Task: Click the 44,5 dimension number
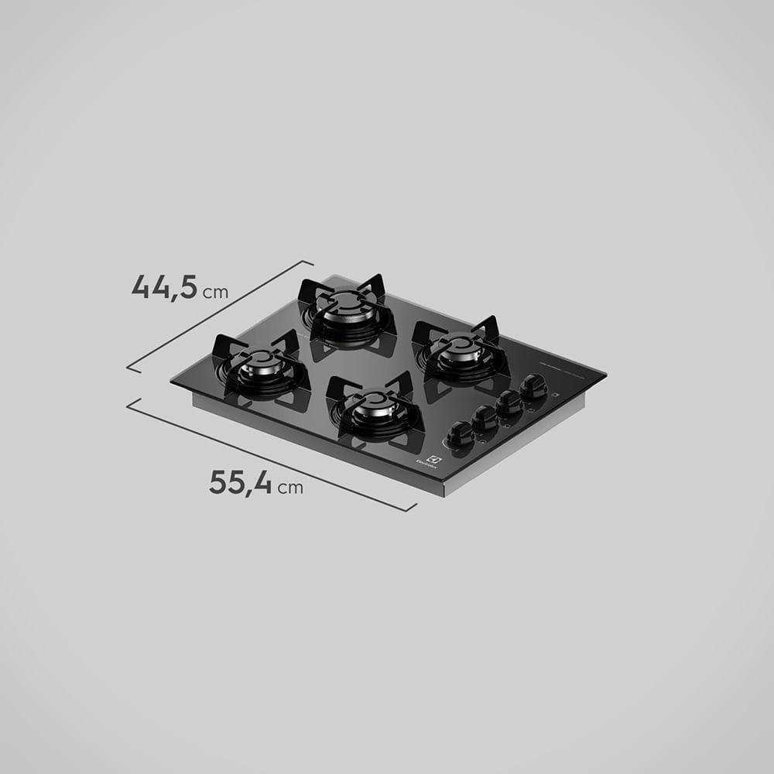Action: tap(165, 286)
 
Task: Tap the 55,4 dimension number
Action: tap(240, 482)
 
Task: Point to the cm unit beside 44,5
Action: tap(216, 293)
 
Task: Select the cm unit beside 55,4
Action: tap(291, 488)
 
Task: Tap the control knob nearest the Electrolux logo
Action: tap(460, 432)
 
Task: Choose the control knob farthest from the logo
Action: tap(533, 385)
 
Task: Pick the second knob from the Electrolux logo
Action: tap(485, 416)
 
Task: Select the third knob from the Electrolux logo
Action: tap(509, 401)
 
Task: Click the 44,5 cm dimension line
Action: tap(221, 315)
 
